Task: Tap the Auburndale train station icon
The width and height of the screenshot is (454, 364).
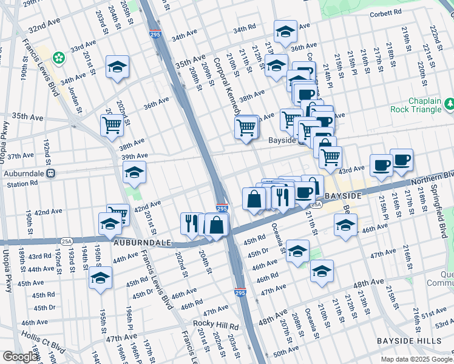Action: click(52, 173)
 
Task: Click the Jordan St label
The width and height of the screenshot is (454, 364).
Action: click(75, 101)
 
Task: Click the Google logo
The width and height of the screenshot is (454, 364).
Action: click(19, 356)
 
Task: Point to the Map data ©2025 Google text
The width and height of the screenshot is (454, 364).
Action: click(416, 359)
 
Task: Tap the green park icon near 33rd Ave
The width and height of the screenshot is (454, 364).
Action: click(59, 58)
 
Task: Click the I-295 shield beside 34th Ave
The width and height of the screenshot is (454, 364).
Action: click(155, 36)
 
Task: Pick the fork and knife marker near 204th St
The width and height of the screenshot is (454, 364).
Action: click(191, 223)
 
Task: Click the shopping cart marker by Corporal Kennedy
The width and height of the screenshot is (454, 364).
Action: click(246, 127)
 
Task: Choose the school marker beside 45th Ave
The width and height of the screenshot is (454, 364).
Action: click(100, 278)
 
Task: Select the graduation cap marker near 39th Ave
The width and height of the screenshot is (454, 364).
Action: click(134, 172)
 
